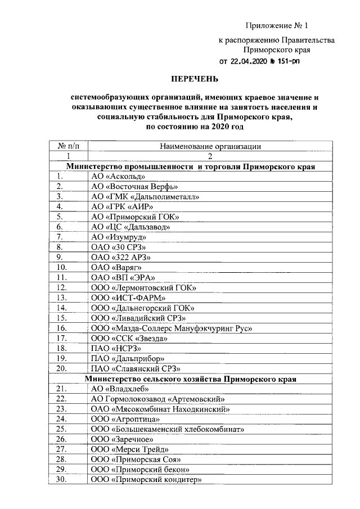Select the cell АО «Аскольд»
pos(114,177)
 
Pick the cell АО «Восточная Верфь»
pos(134,187)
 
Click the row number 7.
pos(60,237)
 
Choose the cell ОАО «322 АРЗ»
pos(120,257)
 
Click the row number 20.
pos(62,368)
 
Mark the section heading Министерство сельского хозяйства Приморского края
pos(191,379)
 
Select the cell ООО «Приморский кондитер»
pos(146,479)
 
